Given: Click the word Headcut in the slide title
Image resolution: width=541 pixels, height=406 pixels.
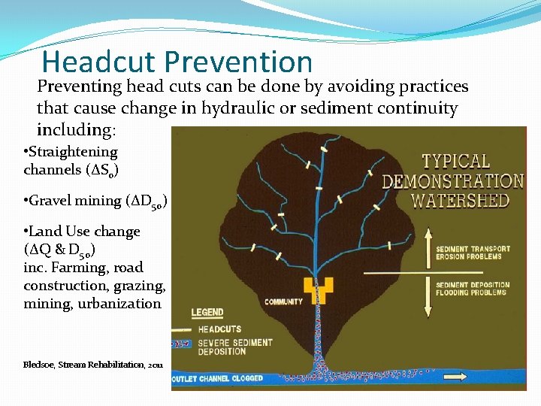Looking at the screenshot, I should (x=98, y=62).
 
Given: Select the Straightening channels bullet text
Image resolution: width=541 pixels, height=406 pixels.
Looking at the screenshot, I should (x=71, y=161).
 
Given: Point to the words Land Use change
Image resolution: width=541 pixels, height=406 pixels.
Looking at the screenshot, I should (x=82, y=232).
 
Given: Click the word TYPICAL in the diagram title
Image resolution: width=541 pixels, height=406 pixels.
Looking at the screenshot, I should (x=455, y=162).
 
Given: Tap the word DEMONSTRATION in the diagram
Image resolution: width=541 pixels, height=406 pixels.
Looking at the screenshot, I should (x=452, y=181).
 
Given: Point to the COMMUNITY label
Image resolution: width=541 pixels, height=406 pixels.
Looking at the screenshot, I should (x=283, y=302).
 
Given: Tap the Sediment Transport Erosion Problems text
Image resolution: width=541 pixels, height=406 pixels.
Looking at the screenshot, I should (x=473, y=253).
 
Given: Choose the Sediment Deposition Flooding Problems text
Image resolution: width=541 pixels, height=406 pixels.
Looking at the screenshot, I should (x=473, y=289).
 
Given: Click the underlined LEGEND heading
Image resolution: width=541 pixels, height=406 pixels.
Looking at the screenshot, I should (x=207, y=313).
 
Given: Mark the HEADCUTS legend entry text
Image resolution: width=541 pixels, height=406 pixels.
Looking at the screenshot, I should (x=219, y=329).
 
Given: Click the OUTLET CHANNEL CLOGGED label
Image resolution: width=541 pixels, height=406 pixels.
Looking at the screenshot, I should (x=218, y=378).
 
